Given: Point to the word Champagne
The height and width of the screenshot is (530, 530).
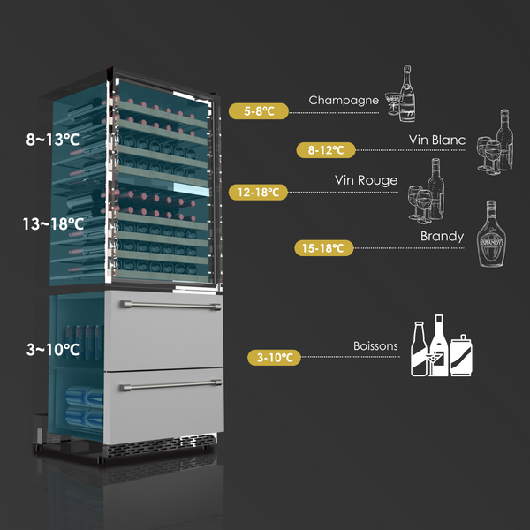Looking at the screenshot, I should pos(344,100).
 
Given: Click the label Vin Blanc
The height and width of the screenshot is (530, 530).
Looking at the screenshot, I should pos(436,140).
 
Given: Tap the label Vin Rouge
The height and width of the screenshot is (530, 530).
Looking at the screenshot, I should pos(366,180).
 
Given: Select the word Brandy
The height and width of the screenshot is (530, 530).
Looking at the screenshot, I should pos(442,237).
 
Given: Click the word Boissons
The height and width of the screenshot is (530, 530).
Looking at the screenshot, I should pos(375,346).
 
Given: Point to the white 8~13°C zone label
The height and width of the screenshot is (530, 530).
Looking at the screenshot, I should pos(52,139).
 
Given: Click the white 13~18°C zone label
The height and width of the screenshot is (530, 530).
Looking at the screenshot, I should pos(53,224).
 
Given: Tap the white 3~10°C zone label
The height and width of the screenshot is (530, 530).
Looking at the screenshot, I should pos(53,350).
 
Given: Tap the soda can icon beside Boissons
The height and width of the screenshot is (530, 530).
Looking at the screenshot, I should pos(461,356).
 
